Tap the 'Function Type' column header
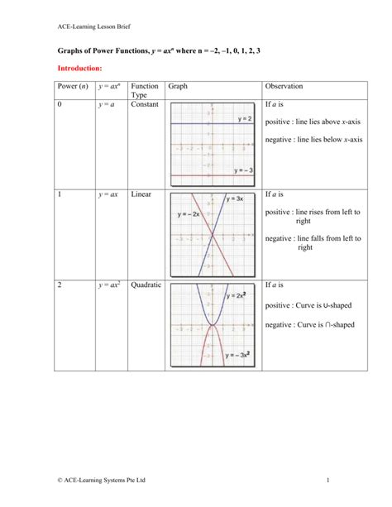(x=145, y=91)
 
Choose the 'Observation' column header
(x=284, y=86)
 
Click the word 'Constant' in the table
(x=146, y=105)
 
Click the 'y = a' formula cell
(x=108, y=105)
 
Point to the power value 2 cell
(x=60, y=285)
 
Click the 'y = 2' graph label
(x=245, y=119)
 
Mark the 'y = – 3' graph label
(x=243, y=170)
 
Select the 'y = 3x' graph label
(x=234, y=199)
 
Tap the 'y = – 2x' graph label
(x=189, y=214)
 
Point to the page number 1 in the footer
(x=328, y=479)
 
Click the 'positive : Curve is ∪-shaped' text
(x=309, y=305)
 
